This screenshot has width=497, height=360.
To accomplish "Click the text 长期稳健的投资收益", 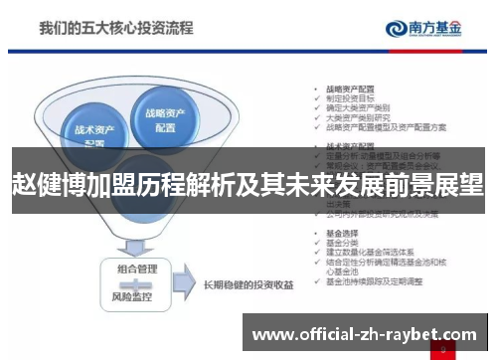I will tap(248, 285).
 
